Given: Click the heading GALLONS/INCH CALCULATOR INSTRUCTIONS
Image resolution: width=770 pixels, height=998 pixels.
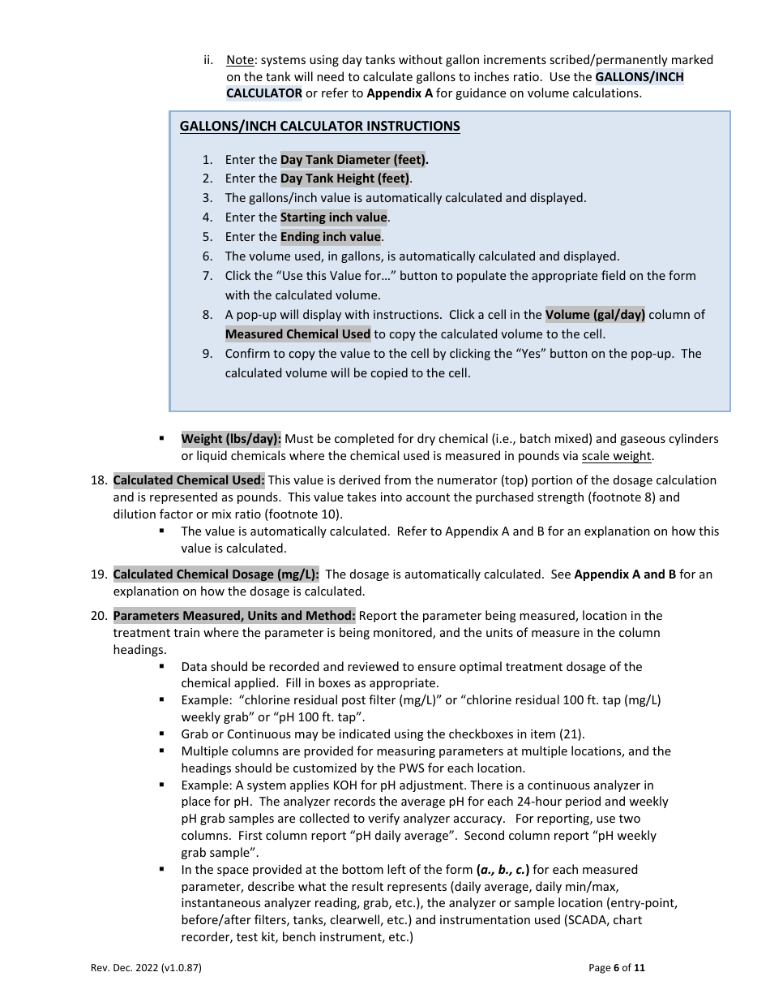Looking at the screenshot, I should click(319, 127).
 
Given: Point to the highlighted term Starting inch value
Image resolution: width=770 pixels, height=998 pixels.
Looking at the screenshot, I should click(334, 217).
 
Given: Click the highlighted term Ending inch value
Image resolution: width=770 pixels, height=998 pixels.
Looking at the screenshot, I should click(331, 237).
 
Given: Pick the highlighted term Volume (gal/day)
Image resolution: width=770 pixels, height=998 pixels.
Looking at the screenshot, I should click(595, 315).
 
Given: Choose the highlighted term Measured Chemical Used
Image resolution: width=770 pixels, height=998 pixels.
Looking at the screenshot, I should click(297, 334).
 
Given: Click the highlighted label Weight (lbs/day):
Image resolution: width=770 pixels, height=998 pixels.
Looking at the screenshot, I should click(231, 439).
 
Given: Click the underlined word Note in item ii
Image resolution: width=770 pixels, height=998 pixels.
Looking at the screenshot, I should click(240, 60).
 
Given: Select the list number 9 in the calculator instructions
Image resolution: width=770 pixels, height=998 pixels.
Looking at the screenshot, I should click(207, 354).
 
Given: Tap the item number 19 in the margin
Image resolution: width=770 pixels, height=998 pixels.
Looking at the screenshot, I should click(98, 574).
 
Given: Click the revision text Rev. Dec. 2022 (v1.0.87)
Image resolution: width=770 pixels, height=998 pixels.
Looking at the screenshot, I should click(145, 967).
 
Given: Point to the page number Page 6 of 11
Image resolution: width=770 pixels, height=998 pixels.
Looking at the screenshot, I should click(617, 967).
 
